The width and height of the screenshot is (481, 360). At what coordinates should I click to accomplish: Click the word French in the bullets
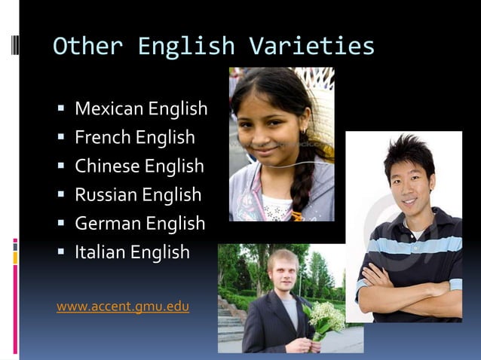click(103, 138)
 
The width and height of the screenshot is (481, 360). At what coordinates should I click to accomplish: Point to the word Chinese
click(107, 166)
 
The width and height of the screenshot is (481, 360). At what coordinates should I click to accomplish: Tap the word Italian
click(100, 252)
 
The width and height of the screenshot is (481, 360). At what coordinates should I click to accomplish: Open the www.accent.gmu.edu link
click(123, 307)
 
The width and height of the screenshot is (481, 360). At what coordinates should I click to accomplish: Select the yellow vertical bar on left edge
click(15, 258)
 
